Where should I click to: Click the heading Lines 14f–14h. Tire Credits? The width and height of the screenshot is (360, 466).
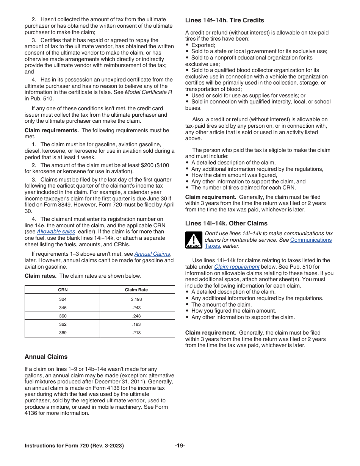point(224,20)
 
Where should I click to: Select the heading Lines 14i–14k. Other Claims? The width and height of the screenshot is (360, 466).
point(226,224)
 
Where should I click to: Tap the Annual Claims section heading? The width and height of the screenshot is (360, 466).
point(46,357)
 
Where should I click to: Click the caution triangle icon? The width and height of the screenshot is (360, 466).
point(194,240)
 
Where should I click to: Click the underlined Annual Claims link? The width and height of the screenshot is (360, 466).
point(152,254)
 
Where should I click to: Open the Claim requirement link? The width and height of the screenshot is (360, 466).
point(236,267)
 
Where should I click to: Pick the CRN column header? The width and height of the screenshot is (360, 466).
point(63,290)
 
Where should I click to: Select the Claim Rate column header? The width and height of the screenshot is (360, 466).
point(136,290)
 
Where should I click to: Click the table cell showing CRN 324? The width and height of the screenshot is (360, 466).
point(63,299)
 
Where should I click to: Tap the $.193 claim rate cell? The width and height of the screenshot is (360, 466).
point(136,299)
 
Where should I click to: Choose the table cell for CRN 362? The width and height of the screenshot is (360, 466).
point(63,324)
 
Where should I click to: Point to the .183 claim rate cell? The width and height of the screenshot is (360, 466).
point(136,324)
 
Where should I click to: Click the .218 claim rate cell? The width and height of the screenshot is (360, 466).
point(136,333)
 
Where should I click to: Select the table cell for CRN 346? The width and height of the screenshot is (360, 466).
point(63,308)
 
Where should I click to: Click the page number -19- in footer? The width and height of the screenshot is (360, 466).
point(180,446)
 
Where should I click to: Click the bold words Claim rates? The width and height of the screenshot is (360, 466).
point(41,276)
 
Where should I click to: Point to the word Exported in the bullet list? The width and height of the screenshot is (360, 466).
point(203,45)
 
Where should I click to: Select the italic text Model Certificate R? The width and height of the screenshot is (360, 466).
point(149,92)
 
